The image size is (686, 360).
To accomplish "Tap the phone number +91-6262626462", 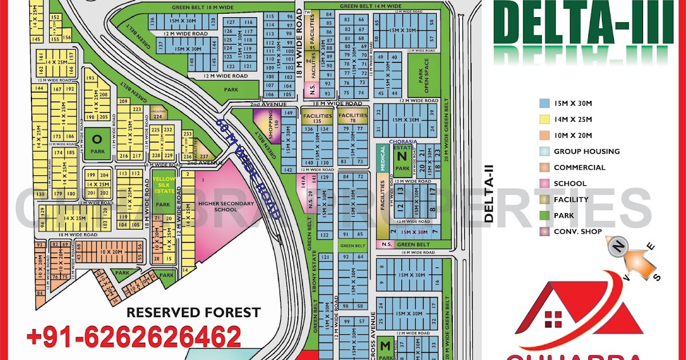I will pyautogui.click(x=134, y=337).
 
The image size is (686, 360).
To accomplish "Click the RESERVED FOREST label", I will pyautogui.click(x=193, y=313).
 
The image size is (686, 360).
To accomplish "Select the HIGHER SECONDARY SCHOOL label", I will pyautogui.click(x=217, y=206).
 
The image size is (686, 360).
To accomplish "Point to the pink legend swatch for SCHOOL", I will pyautogui.click(x=544, y=183).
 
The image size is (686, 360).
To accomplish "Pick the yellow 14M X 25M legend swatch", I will pyautogui.click(x=544, y=119).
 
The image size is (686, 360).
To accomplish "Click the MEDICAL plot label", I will pyautogui.click(x=382, y=158).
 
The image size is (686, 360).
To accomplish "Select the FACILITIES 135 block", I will pyautogui.click(x=317, y=118).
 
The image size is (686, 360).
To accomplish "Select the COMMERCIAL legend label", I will pyautogui.click(x=579, y=167).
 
